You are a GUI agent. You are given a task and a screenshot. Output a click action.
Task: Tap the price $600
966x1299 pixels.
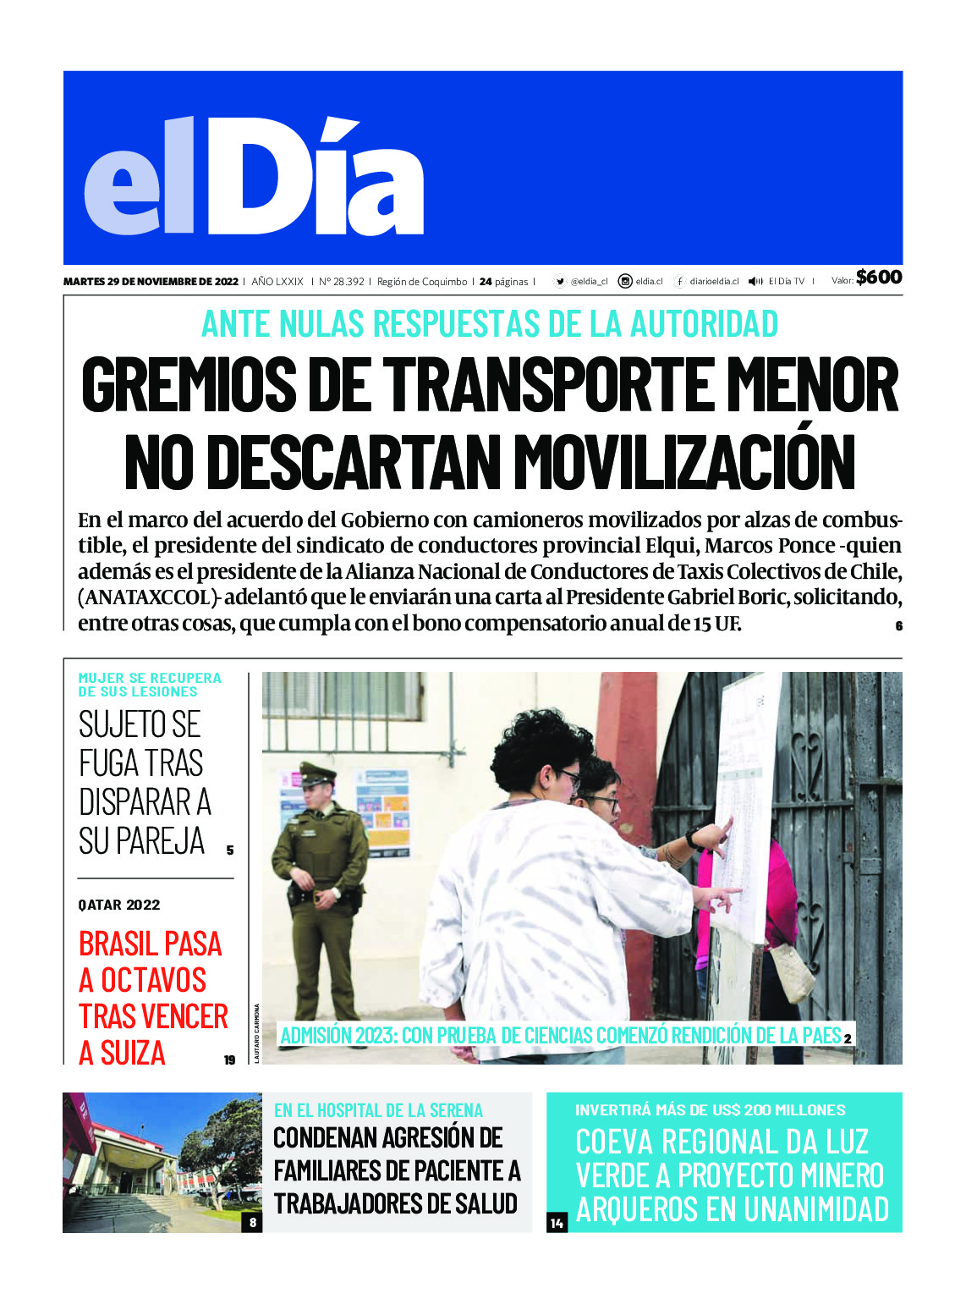click(x=879, y=278)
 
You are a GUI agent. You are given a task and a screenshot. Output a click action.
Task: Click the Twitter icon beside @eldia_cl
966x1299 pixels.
click(x=560, y=282)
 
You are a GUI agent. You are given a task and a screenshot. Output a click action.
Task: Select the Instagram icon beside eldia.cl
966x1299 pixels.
click(x=625, y=282)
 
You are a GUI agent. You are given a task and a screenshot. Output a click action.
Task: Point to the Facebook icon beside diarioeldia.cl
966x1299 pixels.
click(x=679, y=282)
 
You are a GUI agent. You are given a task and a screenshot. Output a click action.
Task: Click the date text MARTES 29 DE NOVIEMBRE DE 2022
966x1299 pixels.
click(x=151, y=282)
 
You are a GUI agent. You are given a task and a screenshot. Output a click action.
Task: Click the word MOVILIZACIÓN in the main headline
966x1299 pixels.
click(x=685, y=462)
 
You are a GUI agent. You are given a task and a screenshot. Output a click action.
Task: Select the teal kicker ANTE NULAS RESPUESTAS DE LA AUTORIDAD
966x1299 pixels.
click(x=490, y=324)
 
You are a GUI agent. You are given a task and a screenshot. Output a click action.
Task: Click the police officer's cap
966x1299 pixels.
click(x=318, y=773)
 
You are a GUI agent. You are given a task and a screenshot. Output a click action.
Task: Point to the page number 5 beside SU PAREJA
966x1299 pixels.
click(x=230, y=850)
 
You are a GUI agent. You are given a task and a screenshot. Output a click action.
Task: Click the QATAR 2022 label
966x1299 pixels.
click(x=119, y=905)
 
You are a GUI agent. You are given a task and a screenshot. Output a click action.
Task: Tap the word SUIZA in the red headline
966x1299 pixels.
click(x=133, y=1053)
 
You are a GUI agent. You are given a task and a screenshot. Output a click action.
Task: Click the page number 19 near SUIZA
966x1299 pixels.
click(x=229, y=1060)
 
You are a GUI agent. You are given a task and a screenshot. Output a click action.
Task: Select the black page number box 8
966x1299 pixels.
click(x=252, y=1222)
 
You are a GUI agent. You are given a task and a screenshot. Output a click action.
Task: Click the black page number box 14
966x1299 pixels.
click(x=557, y=1223)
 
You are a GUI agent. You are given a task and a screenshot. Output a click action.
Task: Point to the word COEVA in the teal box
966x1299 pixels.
click(x=614, y=1142)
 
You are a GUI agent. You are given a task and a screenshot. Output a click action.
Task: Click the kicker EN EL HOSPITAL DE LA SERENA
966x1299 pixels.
click(x=378, y=1110)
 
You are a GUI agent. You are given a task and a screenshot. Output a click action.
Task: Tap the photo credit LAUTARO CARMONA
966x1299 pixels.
click(x=256, y=1032)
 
